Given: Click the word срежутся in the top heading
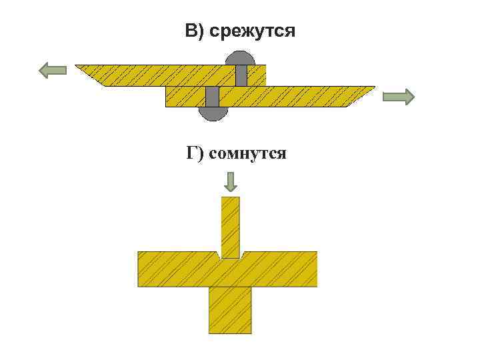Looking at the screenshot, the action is (x=252, y=31).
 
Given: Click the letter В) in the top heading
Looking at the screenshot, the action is (x=195, y=31).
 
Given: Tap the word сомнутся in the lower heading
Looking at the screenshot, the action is (x=248, y=154).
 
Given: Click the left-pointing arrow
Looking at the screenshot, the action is (x=53, y=69).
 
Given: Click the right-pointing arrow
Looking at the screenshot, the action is (x=399, y=97).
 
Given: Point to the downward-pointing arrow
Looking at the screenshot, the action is (x=231, y=181).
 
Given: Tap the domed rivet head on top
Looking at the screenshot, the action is (x=241, y=58).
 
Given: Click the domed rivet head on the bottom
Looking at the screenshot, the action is (x=213, y=113).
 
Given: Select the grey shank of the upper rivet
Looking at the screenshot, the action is (x=241, y=75).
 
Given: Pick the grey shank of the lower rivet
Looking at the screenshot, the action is (x=213, y=97).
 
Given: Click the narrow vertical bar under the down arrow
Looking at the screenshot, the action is (x=231, y=227).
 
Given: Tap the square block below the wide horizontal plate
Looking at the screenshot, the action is (x=230, y=310).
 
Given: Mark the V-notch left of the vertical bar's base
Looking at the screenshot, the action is (x=219, y=255).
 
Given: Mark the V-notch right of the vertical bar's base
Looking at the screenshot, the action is (x=243, y=255).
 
